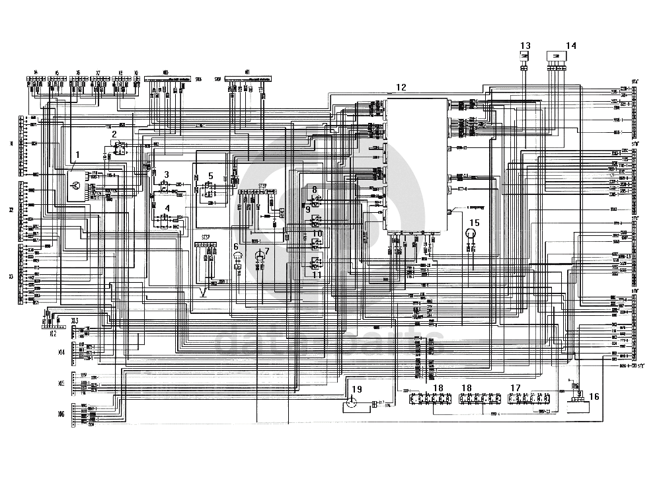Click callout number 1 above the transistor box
pyautogui.click(x=77, y=155)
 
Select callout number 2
pyautogui.click(x=114, y=133)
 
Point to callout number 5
pyautogui.click(x=210, y=176)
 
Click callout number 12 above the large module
pyautogui.click(x=401, y=87)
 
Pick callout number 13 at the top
pyautogui.click(x=525, y=46)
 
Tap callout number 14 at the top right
pyautogui.click(x=571, y=46)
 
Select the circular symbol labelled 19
pyautogui.click(x=352, y=402)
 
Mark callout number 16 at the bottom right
pyautogui.click(x=594, y=397)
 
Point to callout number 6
pyautogui.click(x=235, y=246)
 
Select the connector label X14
pyautogui.click(x=61, y=353)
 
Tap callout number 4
pyautogui.click(x=167, y=208)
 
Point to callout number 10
pyautogui.click(x=317, y=234)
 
